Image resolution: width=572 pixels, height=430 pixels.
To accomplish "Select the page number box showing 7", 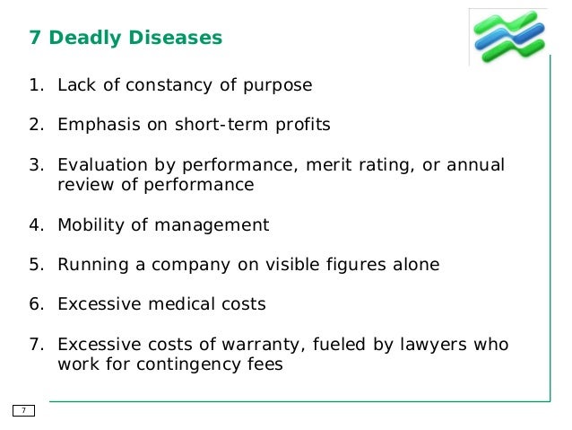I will (23, 410).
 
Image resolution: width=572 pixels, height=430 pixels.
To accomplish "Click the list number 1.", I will (34, 86).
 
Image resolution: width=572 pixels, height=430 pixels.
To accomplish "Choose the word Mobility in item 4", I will (91, 225).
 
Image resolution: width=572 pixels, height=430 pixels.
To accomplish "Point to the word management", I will (215, 225).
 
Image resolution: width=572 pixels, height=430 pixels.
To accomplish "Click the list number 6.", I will (34, 304).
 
